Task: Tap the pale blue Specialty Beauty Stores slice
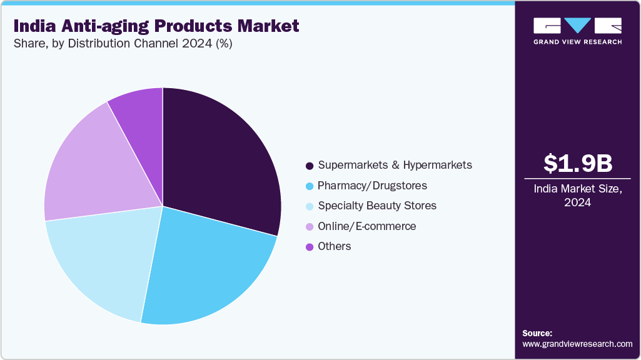100,262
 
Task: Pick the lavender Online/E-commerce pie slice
94,169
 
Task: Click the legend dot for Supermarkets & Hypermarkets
309,166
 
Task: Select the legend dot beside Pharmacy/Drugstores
309,186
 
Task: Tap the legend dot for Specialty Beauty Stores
309,206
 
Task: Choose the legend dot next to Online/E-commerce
309,227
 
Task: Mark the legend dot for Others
309,247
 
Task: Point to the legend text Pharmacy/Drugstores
372,186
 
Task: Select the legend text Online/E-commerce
366,226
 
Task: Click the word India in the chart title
34,26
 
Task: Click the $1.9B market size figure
578,163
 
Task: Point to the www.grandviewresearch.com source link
577,344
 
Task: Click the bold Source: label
537,333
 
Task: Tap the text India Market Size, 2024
578,196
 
